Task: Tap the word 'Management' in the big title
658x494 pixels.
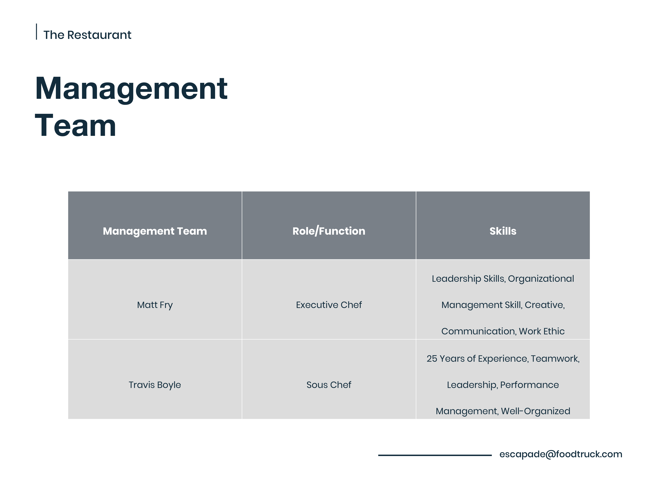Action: (131, 89)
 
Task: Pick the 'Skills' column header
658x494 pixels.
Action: (503, 231)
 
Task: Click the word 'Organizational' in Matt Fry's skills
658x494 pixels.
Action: (541, 279)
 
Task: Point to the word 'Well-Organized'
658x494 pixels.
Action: (535, 411)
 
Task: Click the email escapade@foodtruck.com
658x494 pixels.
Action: (561, 454)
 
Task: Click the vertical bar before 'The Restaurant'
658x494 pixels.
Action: (37, 31)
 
